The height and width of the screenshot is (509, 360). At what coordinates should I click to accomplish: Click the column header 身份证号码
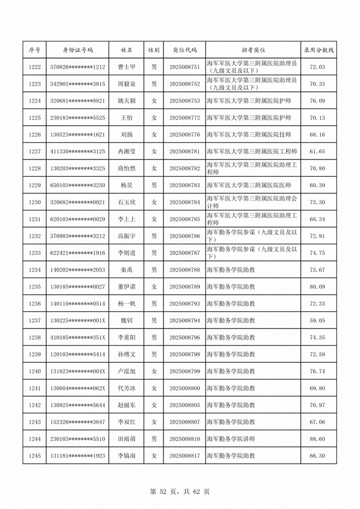78,50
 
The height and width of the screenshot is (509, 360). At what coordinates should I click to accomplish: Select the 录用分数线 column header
318,50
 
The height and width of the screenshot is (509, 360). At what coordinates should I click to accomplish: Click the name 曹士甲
127,67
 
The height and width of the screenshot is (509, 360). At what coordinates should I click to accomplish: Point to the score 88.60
317,439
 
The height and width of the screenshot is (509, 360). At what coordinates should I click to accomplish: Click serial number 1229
34,185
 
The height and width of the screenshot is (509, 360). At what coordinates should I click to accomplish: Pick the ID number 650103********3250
78,185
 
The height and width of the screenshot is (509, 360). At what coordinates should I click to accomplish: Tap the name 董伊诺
127,287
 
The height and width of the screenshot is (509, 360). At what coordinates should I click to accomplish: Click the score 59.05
317,321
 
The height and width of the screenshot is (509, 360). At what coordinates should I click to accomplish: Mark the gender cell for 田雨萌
154,439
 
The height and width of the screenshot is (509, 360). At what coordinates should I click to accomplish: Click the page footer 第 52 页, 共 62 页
179,491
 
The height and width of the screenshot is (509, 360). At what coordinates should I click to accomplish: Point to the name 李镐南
127,456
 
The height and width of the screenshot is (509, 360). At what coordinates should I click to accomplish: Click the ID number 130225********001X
78,321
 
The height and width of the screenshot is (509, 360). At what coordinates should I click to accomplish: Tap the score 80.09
317,287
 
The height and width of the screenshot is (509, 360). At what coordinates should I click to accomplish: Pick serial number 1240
34,371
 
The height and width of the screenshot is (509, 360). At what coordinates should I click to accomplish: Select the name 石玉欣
127,202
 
